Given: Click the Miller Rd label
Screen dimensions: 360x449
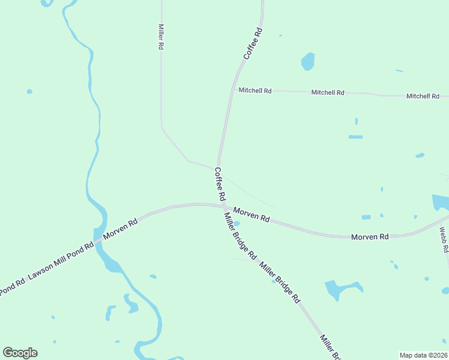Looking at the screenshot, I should (x=161, y=37).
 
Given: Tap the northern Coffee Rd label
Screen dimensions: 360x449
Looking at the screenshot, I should (x=253, y=43).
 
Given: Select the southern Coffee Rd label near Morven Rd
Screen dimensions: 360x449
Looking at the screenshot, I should (x=220, y=184).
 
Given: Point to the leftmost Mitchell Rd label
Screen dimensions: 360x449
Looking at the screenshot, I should (x=255, y=91).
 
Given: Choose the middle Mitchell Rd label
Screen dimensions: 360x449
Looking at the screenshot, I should (x=328, y=93).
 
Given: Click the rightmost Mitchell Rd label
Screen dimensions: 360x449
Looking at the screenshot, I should (x=423, y=96).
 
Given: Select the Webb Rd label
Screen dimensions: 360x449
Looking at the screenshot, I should (x=444, y=238).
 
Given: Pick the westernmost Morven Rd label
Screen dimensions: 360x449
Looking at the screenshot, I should (x=120, y=229).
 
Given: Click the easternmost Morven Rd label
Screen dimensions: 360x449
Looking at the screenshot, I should (x=370, y=237).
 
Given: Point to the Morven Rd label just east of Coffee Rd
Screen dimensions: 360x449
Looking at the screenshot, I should (x=251, y=215).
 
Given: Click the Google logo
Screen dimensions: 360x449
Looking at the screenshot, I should (x=20, y=353).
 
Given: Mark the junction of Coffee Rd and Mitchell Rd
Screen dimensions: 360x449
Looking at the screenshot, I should (x=232, y=91).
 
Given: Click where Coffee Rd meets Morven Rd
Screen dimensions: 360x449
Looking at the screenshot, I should (x=224, y=205).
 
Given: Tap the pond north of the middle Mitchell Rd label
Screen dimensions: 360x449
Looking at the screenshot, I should (x=307, y=61).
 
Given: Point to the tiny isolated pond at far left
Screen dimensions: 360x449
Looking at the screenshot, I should (x=29, y=92).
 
